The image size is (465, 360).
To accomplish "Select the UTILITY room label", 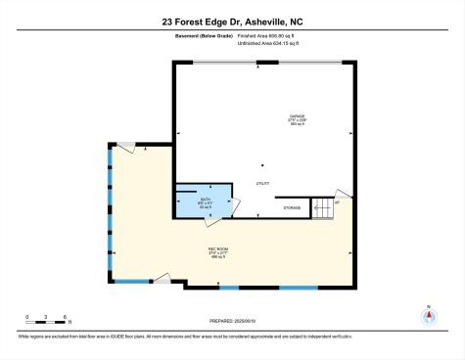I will [x=262, y=183].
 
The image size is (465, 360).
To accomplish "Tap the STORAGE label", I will [x=292, y=207].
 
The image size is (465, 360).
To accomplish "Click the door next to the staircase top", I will [x=340, y=195].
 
